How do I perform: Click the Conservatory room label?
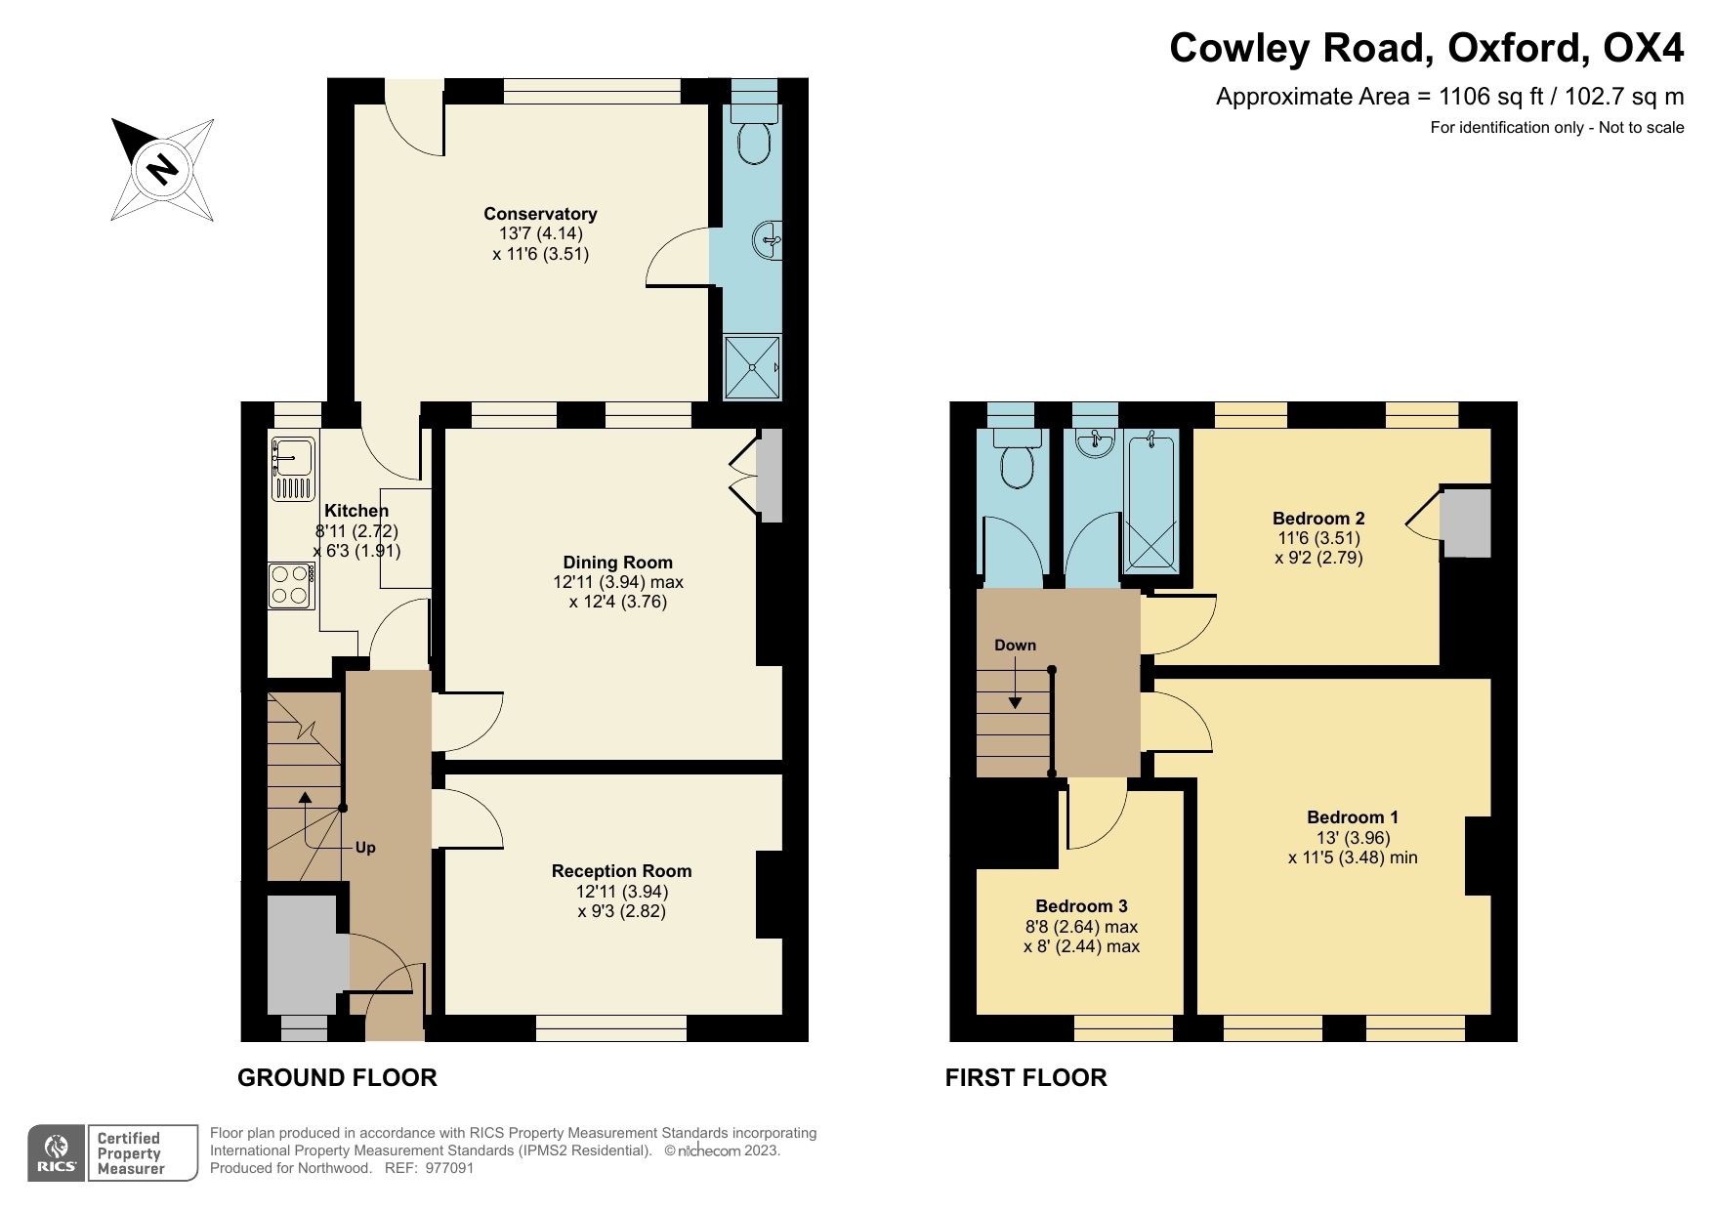tap(540, 214)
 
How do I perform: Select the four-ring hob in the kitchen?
tap(291, 585)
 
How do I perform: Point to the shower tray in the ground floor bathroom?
tap(752, 367)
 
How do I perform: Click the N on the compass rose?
tap(162, 169)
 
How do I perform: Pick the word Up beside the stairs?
tap(365, 847)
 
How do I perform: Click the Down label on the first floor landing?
tap(1015, 645)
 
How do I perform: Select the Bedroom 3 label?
tap(1081, 906)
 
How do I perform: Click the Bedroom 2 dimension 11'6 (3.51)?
tap(1318, 538)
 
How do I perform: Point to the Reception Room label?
tap(621, 871)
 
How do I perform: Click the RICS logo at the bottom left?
tap(57, 1152)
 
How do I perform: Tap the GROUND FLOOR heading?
tap(337, 1077)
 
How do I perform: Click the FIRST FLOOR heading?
tap(1025, 1077)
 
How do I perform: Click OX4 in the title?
tap(1644, 47)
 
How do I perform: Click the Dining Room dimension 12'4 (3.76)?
tap(617, 602)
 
